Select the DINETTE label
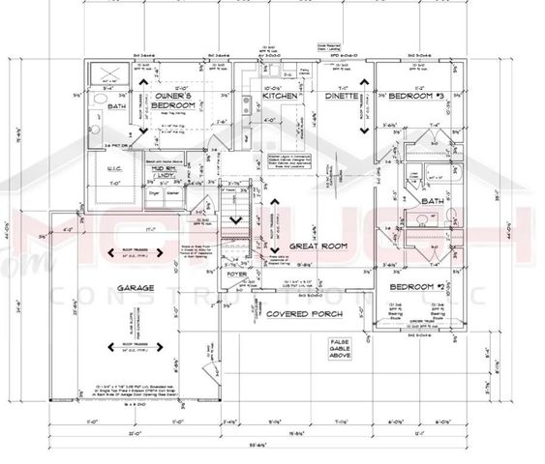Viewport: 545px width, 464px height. tap(342, 98)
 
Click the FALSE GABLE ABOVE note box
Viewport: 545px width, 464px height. tap(341, 348)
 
